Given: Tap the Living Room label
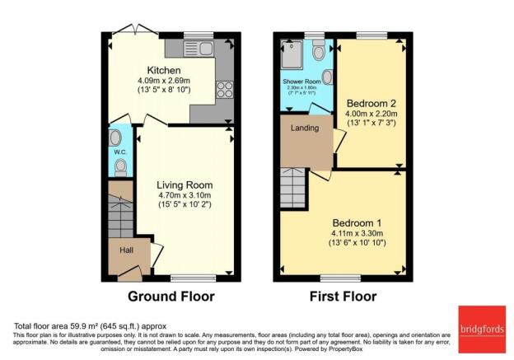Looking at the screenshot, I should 185,185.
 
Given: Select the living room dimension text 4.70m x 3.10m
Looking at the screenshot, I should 185,196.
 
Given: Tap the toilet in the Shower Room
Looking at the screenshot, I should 318,52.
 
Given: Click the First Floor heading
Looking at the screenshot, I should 343,297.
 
